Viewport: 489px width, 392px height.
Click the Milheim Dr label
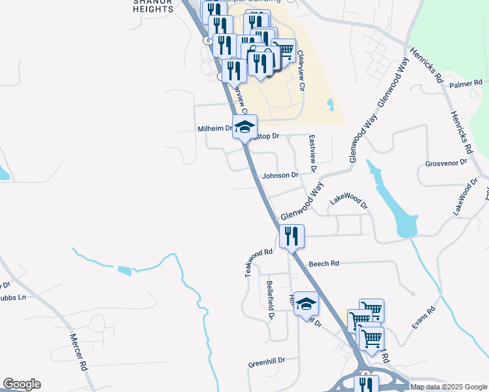(215, 129)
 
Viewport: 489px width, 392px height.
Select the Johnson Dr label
(280, 175)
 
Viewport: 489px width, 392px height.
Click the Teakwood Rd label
(258, 262)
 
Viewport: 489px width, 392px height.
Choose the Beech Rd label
(324, 263)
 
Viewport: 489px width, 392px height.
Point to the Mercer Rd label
(78, 353)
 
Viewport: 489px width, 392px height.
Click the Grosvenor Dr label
(447, 162)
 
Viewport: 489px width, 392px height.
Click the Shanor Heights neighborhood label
(153, 5)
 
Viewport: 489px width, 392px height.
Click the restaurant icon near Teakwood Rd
(292, 235)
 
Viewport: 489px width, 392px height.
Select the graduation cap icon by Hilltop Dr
(244, 126)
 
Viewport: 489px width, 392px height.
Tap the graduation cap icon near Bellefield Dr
(305, 302)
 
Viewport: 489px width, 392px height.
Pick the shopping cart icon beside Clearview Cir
(283, 50)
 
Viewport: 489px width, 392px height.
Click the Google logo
(22, 384)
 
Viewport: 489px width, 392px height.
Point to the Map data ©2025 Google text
(448, 387)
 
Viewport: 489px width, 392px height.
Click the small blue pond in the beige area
(329, 104)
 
